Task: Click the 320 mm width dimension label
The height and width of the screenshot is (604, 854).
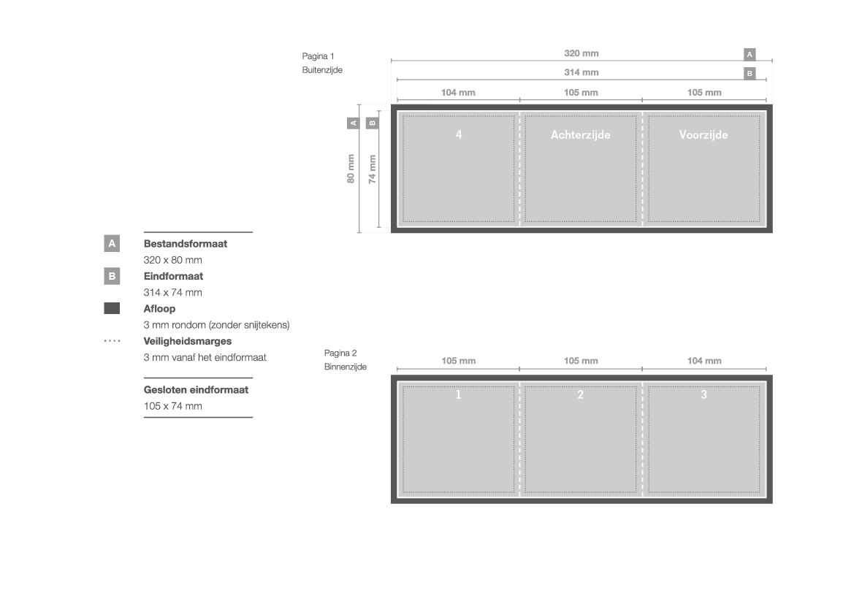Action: click(x=581, y=53)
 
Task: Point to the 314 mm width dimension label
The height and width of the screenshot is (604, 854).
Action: click(x=581, y=72)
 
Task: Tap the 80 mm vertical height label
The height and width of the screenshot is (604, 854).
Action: click(x=351, y=169)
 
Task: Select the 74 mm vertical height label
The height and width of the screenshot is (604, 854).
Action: click(x=372, y=169)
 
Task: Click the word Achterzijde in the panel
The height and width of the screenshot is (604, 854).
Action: click(x=581, y=134)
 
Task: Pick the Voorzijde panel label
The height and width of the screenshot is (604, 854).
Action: click(x=704, y=134)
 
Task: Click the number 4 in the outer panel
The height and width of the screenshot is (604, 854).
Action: click(x=459, y=134)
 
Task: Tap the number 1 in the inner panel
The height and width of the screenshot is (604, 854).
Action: click(x=458, y=394)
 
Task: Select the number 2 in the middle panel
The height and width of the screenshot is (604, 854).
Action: click(x=581, y=394)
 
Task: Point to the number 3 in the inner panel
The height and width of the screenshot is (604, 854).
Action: click(x=704, y=394)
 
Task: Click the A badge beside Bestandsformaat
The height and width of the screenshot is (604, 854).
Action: click(x=112, y=243)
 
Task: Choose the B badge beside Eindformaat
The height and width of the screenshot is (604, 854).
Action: click(x=112, y=276)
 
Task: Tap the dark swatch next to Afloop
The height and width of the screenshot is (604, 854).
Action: click(x=112, y=308)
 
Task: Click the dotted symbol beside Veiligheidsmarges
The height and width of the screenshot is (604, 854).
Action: click(x=112, y=341)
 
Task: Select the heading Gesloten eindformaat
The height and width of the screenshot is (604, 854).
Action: click(x=196, y=390)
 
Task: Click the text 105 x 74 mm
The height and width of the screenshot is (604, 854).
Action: click(x=172, y=406)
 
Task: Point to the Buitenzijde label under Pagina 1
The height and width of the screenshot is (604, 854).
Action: click(x=322, y=69)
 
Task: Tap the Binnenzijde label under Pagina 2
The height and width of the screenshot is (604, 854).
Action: click(x=346, y=367)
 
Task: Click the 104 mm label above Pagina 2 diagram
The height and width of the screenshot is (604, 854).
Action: click(x=704, y=361)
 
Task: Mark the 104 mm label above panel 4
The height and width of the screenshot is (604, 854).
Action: click(x=458, y=93)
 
